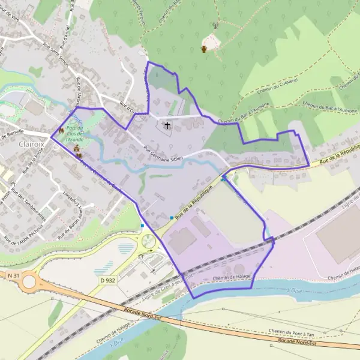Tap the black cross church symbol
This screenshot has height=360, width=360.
click(167, 126)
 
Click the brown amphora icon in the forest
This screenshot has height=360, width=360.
click(204, 49)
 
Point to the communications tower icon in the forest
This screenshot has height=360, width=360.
click(214, 26)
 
